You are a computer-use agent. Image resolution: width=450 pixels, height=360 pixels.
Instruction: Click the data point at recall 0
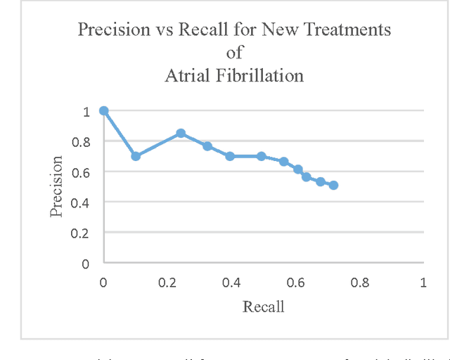[x=104, y=111]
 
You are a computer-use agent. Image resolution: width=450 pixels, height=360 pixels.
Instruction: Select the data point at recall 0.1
[x=136, y=156]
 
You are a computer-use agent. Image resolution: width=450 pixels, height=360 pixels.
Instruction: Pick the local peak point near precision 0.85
[x=181, y=133]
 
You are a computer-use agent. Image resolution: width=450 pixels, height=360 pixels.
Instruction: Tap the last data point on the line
[x=333, y=185]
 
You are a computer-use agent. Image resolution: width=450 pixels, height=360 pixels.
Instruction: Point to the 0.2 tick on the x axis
[x=167, y=282]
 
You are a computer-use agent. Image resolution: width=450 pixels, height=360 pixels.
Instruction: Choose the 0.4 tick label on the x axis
[x=231, y=282]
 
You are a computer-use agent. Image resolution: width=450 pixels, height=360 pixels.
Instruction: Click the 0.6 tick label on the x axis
[x=295, y=282]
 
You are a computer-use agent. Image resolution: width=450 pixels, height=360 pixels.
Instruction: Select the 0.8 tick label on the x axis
[x=359, y=282]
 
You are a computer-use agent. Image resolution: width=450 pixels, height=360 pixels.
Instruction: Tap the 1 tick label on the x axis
[x=423, y=282]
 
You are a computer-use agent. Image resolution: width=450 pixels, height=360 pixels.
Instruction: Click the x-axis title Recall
[x=263, y=307]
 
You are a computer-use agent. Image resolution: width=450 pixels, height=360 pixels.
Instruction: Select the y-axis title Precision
[x=57, y=186]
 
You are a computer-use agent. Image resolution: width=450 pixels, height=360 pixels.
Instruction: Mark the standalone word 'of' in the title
[x=234, y=53]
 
